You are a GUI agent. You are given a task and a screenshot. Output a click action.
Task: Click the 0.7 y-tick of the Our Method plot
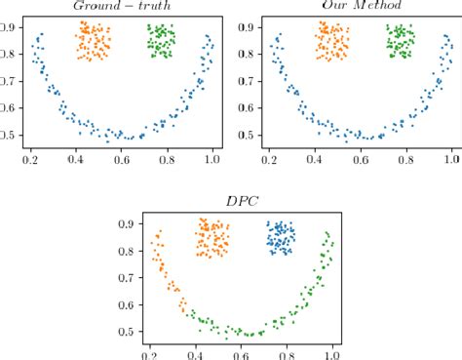[x=248, y=82]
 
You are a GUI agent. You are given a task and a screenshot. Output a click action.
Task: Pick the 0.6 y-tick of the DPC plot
[x=127, y=305]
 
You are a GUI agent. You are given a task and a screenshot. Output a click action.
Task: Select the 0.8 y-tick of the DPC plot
[x=127, y=253]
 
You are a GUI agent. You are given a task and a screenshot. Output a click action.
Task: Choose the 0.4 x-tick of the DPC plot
[x=195, y=355]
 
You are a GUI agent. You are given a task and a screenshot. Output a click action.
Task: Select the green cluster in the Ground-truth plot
[x=161, y=42]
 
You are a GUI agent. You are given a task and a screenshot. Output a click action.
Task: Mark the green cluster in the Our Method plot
[x=401, y=42]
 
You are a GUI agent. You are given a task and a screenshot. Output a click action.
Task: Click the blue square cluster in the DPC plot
[x=282, y=237]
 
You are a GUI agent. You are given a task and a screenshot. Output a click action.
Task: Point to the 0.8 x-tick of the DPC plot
[x=287, y=355]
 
